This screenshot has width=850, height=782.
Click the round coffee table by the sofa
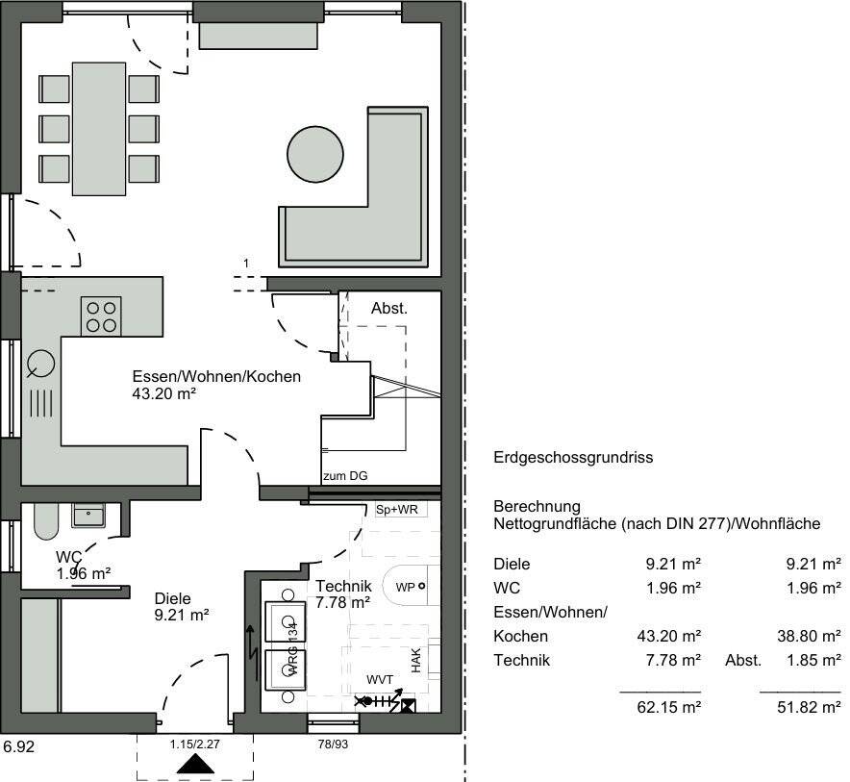click(x=314, y=152)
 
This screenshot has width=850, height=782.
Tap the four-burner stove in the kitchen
click(x=103, y=315)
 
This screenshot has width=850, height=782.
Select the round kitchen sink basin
click(x=41, y=365)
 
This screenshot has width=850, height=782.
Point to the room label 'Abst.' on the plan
click(x=389, y=309)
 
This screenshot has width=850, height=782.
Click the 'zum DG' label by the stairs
click(x=345, y=475)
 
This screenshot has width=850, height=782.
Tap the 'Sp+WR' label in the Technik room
click(x=396, y=509)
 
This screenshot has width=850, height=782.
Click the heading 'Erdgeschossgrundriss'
click(x=572, y=458)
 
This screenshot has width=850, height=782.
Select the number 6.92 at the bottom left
click(x=20, y=745)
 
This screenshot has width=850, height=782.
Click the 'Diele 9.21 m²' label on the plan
click(x=182, y=604)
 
